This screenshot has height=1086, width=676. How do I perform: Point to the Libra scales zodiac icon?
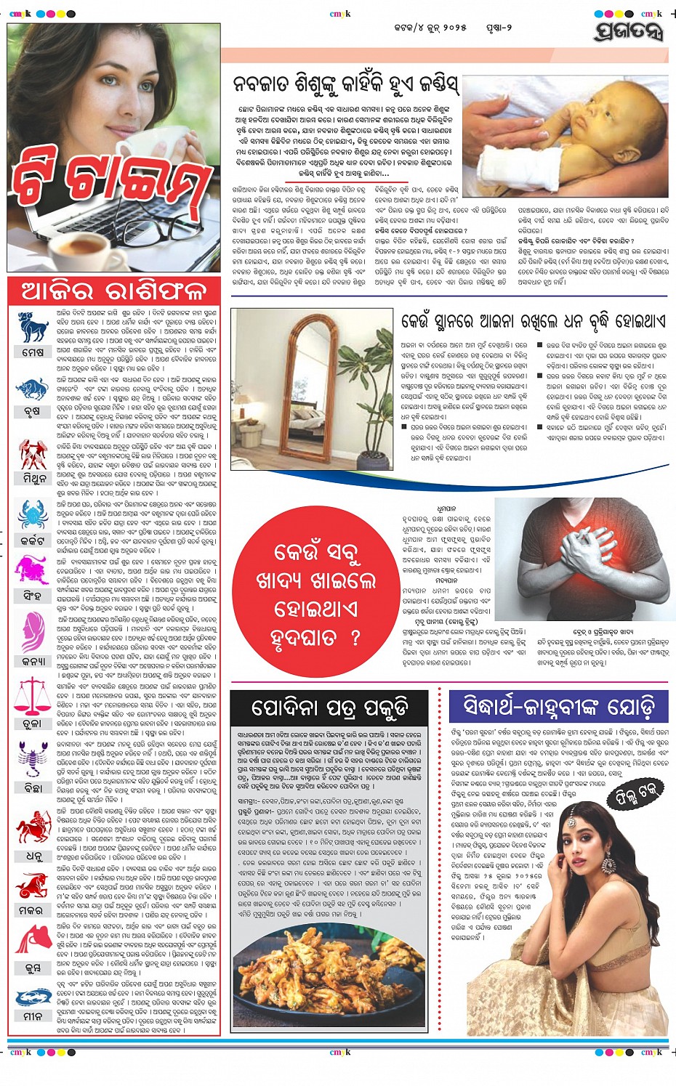pyautogui.click(x=32, y=693)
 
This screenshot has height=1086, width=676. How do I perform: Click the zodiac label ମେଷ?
pyautogui.click(x=33, y=352)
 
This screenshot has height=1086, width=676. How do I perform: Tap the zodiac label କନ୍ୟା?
pyautogui.click(x=33, y=661)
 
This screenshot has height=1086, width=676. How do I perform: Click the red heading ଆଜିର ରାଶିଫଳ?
pyautogui.click(x=114, y=291)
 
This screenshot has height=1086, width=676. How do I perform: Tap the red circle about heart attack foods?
pyautogui.click(x=316, y=595)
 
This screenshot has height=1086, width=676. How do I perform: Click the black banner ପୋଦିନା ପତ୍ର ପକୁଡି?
pyautogui.click(x=330, y=708)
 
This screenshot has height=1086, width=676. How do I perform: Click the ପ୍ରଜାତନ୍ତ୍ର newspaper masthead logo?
pyautogui.click(x=629, y=31)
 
